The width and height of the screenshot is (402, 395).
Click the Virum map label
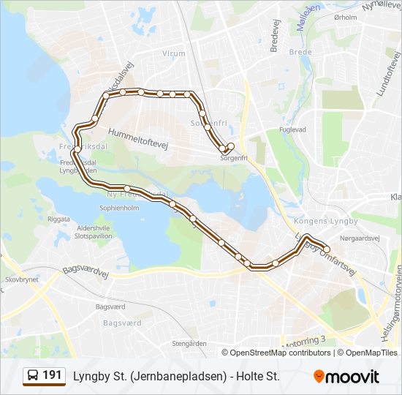point(174,53)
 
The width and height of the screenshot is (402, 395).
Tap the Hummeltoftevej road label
point(138,139)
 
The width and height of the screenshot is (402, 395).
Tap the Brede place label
point(300,52)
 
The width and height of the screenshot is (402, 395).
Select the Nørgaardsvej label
point(360,238)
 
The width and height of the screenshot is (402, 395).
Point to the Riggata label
point(58,219)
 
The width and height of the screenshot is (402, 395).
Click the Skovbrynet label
point(21,279)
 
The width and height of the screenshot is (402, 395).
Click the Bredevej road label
point(276,35)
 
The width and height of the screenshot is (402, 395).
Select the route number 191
point(52,376)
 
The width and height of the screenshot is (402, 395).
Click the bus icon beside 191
point(33,376)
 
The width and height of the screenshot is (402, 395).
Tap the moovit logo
point(346,376)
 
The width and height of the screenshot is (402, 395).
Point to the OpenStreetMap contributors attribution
point(280,353)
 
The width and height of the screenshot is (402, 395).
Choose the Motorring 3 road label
point(301,341)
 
